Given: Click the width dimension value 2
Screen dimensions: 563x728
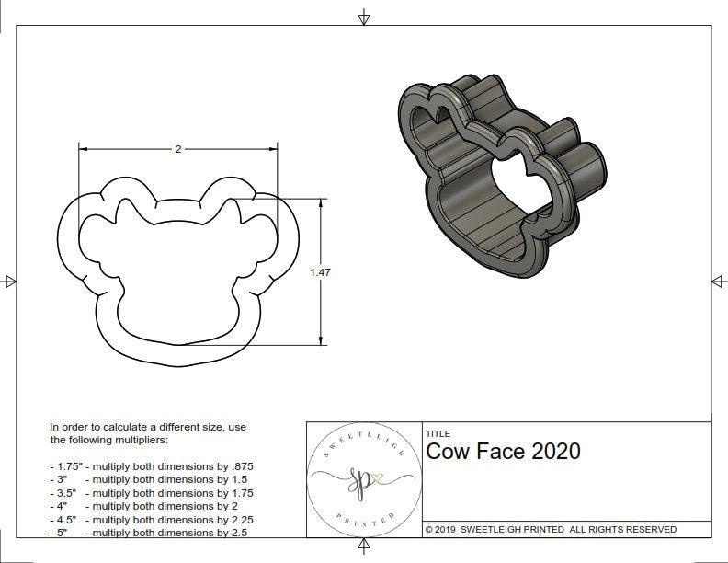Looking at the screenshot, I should click(177, 149).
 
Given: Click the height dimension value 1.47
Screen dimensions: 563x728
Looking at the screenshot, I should click(320, 271).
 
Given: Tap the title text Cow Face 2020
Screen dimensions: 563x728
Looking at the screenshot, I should click(503, 451).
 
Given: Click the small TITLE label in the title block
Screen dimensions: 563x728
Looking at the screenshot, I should click(438, 433).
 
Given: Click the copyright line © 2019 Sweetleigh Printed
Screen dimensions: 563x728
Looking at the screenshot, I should click(551, 529).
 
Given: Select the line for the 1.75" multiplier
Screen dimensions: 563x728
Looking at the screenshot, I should click(152, 466).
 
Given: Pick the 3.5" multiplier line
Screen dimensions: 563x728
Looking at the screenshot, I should click(151, 492).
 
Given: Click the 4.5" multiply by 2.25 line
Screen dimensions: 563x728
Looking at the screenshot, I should click(151, 518).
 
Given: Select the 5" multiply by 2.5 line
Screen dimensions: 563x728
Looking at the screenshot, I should click(147, 531).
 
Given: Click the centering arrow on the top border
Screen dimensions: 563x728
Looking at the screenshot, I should click(364, 17).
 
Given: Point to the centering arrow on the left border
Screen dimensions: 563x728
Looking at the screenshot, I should click(10, 281).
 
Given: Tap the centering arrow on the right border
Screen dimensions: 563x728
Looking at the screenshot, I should click(718, 281).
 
